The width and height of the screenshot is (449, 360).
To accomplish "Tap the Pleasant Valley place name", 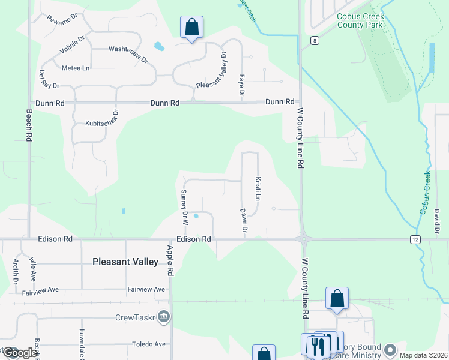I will click(125, 262).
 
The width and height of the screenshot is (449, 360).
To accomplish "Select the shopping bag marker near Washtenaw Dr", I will click(191, 28).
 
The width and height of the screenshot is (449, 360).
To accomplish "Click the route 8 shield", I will click(315, 40).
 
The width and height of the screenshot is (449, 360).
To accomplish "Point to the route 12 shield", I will click(415, 239).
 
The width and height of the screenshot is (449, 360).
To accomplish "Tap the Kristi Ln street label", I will click(258, 189).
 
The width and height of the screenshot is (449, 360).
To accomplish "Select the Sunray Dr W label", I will click(185, 207).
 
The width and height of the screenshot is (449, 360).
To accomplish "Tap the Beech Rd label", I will click(28, 125).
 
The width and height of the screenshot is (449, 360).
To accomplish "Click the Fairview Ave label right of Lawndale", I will click(146, 289).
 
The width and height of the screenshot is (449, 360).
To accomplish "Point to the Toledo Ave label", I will click(148, 344).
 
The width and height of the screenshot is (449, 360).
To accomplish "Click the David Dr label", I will click(438, 221).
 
